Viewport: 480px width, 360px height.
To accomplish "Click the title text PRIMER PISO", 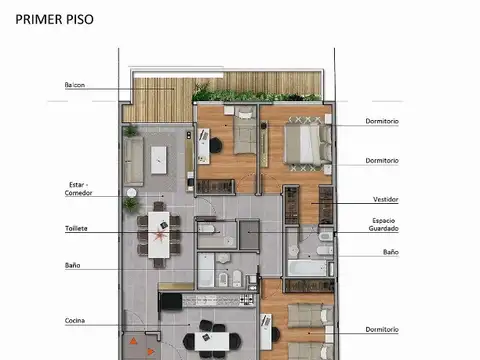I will [54, 18].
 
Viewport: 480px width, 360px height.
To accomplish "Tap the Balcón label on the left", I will [75, 85].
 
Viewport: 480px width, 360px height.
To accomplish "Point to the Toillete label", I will [76, 228].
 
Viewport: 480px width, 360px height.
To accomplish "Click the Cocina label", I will [74, 320].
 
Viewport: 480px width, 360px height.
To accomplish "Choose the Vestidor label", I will [385, 198].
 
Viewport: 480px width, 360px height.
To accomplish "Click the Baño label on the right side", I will [390, 252].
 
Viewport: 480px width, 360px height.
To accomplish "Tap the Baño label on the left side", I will [73, 265].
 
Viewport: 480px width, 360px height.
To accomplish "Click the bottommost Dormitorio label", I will [382, 329].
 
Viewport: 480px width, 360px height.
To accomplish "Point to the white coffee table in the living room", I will [158, 156].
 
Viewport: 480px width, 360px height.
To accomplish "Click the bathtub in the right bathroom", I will [310, 268].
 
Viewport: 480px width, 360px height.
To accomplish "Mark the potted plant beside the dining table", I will [130, 205].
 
